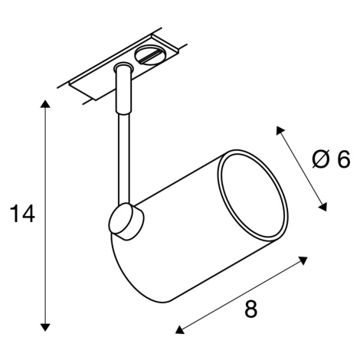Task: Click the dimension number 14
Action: point(22,214)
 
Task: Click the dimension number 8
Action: point(251,308)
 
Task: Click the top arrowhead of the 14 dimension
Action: point(45,104)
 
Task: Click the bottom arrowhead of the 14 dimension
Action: point(45,327)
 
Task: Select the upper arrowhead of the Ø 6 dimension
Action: point(280,130)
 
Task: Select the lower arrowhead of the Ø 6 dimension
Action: point(323,207)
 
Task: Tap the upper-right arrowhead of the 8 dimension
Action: point(303,260)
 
